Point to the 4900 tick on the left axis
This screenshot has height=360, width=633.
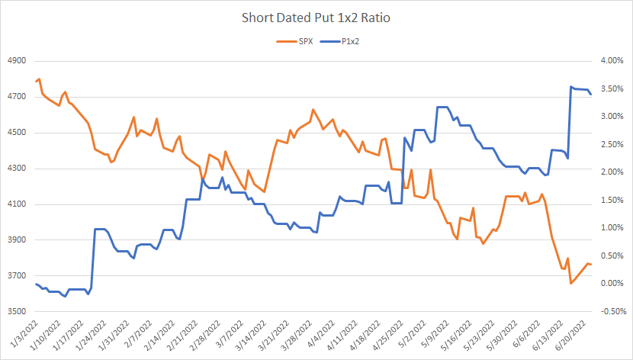[x=17, y=61]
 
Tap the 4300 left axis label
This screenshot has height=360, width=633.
[x=17, y=169]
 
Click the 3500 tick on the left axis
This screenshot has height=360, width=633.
[x=17, y=312]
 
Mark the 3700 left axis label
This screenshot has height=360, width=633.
[x=17, y=276]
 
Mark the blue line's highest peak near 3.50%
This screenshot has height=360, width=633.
[x=571, y=87]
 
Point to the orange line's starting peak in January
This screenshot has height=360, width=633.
[x=39, y=79]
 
